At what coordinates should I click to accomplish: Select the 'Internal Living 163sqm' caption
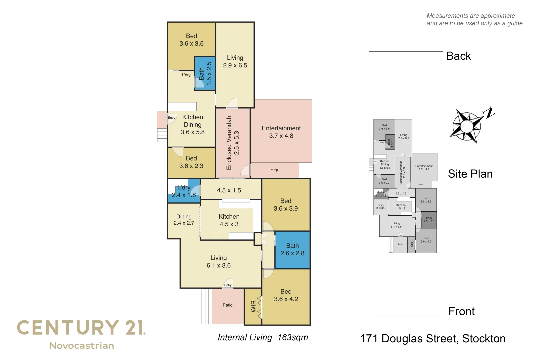click(x=263, y=338)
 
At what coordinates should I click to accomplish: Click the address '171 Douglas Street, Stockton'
click(x=433, y=339)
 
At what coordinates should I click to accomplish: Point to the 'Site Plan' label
click(x=470, y=174)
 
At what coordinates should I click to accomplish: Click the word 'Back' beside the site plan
click(x=458, y=56)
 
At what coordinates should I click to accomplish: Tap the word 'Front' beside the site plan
click(x=461, y=311)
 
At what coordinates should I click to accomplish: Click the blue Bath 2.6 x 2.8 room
click(x=292, y=250)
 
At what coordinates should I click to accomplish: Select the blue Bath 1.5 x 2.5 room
click(x=205, y=74)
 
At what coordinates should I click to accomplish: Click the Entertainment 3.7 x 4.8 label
click(x=281, y=132)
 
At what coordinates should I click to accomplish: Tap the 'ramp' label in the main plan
click(x=274, y=170)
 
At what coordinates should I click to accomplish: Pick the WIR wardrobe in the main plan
click(x=253, y=306)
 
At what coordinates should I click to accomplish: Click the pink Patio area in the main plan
click(x=228, y=305)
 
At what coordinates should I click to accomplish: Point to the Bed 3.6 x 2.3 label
click(x=191, y=162)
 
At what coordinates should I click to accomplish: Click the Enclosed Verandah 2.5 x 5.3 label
click(x=233, y=143)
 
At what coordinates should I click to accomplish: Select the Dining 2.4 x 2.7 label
click(x=184, y=220)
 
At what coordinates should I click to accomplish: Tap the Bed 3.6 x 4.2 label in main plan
click(x=286, y=295)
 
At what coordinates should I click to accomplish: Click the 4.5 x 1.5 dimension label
click(x=229, y=190)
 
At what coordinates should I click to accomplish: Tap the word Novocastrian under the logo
click(x=82, y=346)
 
